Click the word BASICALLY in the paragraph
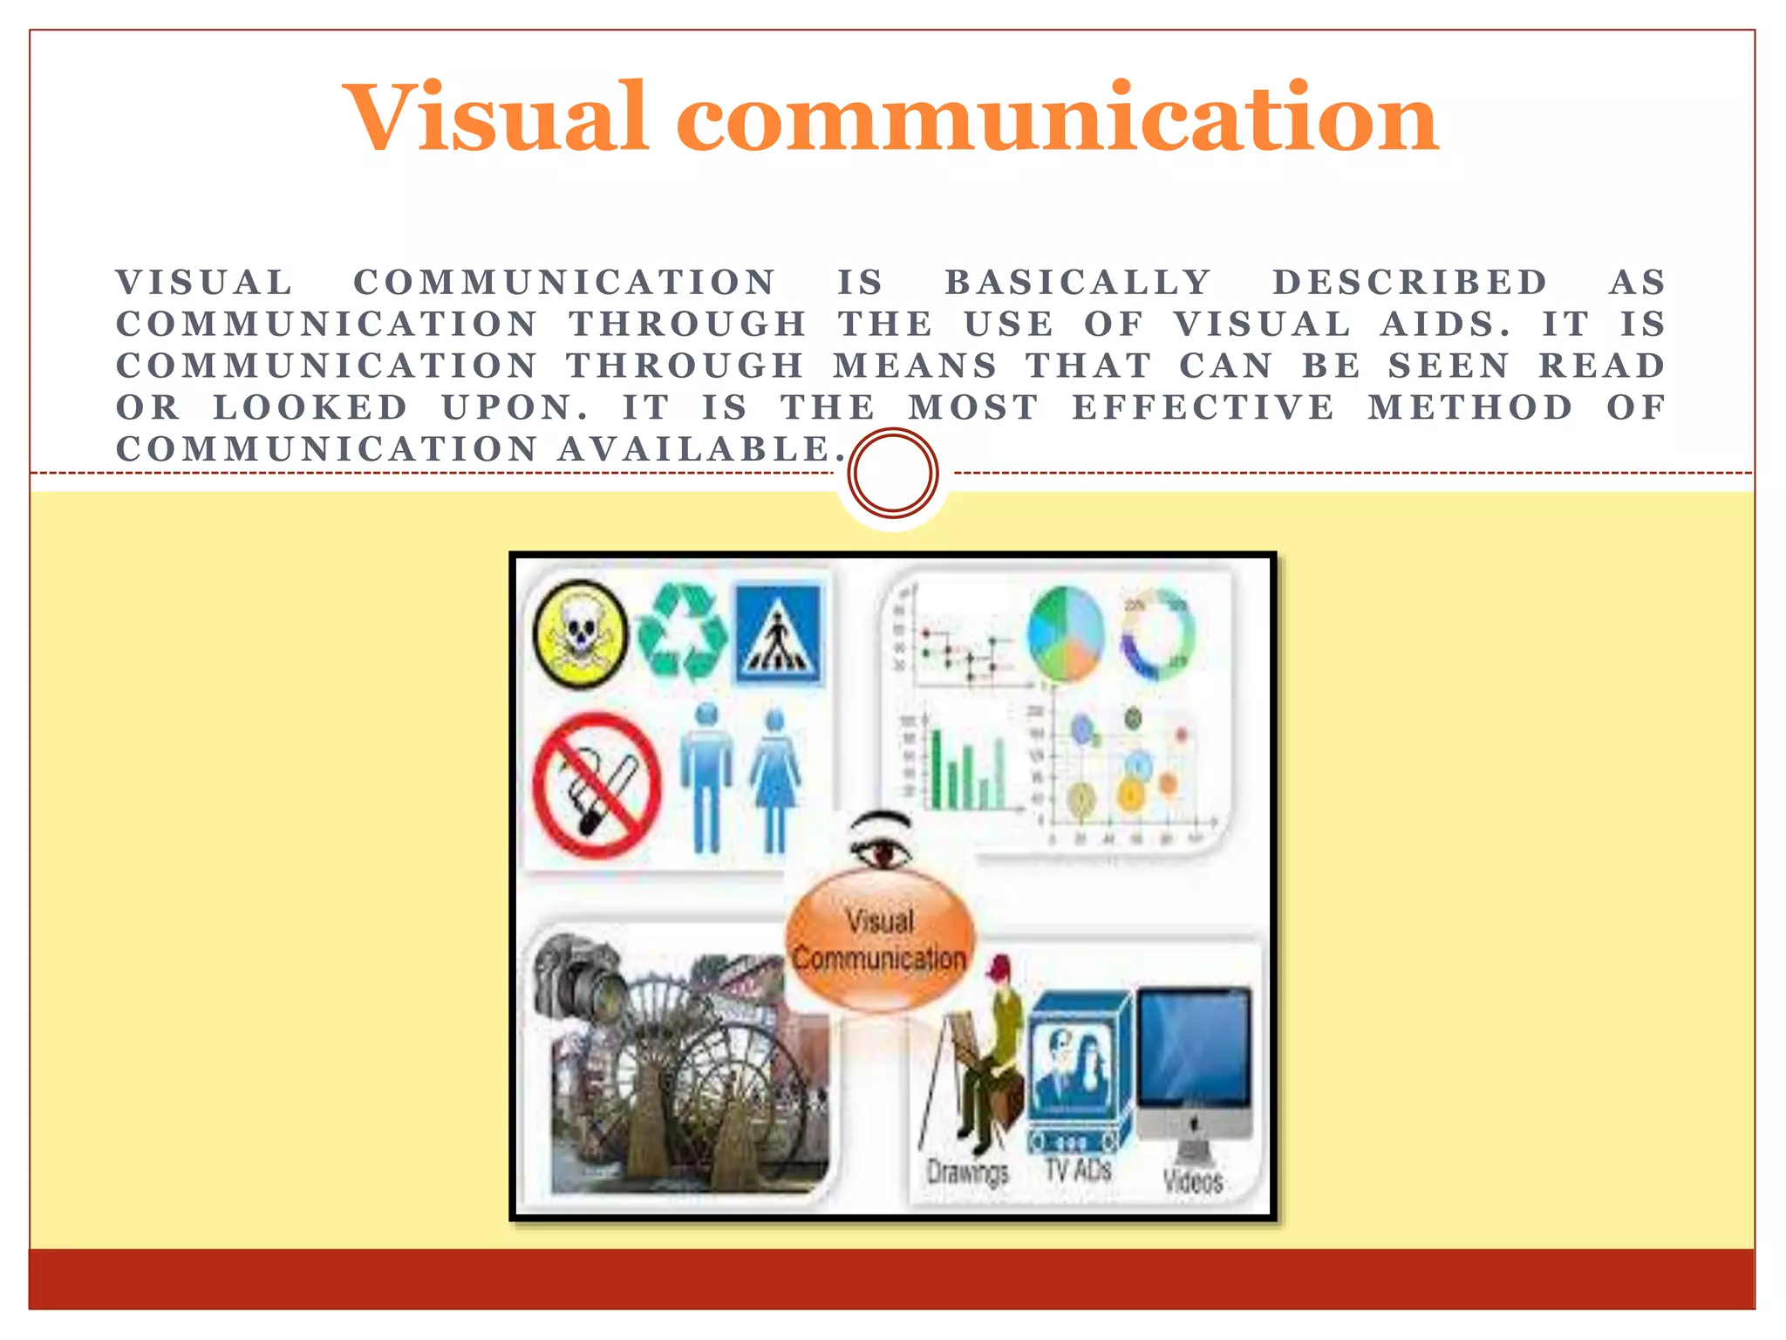point(1078,282)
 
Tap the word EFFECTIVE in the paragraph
point(1203,407)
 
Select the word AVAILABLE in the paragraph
point(701,449)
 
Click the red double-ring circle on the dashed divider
point(892,473)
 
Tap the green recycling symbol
point(683,632)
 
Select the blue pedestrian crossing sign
point(779,634)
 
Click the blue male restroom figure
point(706,776)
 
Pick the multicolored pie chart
point(1066,634)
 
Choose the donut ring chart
point(1157,634)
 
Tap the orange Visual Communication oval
point(879,942)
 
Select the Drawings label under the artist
point(967,1172)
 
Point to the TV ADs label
point(1078,1170)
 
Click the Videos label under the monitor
point(1192,1180)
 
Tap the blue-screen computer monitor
point(1194,1051)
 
